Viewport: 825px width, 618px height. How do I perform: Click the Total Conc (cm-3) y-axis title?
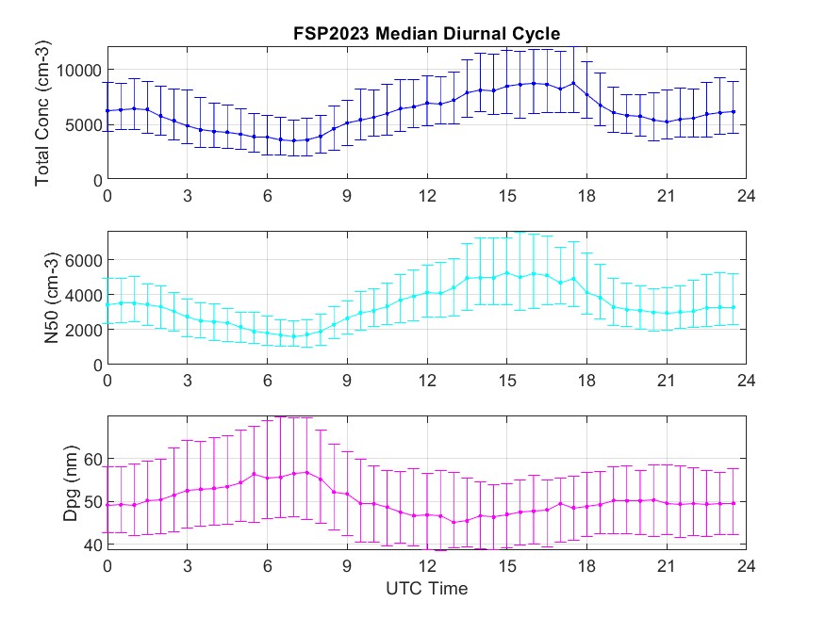tap(41, 112)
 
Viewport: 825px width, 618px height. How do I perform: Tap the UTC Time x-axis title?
tap(426, 590)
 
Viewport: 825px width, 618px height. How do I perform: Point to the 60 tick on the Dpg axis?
tap(89, 459)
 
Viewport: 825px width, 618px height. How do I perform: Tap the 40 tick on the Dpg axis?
tap(89, 545)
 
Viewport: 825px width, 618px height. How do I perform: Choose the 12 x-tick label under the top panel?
tap(427, 197)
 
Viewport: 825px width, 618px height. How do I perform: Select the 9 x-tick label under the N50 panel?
tap(347, 382)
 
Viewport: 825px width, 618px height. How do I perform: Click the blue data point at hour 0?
tap(107, 110)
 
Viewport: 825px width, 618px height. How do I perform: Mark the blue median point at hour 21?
tap(667, 122)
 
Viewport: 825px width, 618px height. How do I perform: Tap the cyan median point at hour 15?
tap(507, 273)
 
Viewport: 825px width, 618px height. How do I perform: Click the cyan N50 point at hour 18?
tap(586, 292)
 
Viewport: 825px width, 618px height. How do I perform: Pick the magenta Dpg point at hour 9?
tap(347, 494)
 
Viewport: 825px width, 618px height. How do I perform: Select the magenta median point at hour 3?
tap(188, 491)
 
